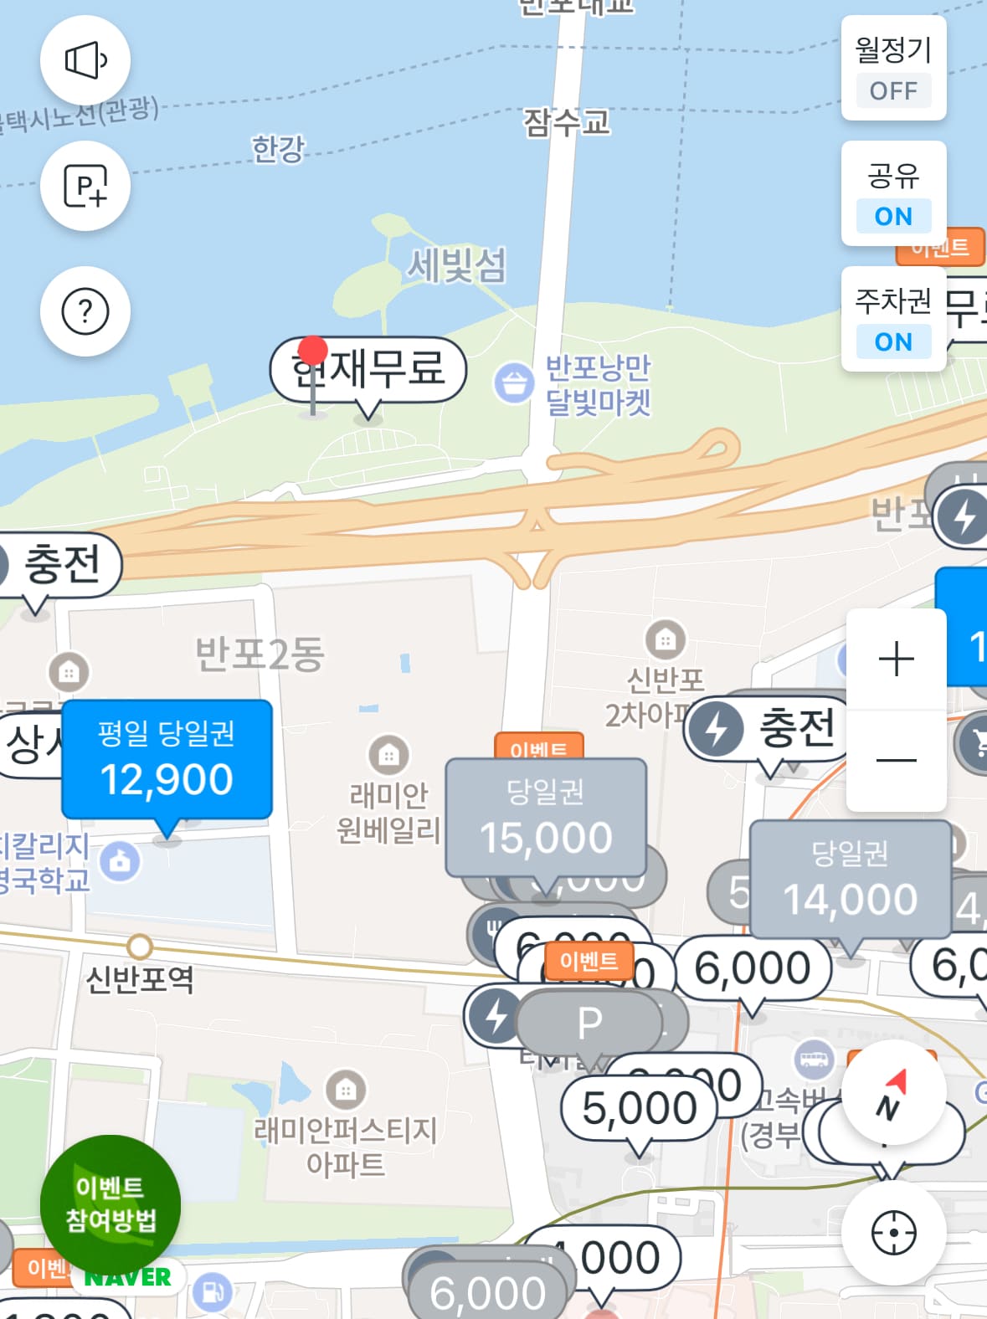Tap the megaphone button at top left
pyautogui.click(x=85, y=60)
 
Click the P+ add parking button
pyautogui.click(x=85, y=186)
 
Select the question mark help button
pyautogui.click(x=85, y=311)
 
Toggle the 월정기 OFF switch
pyautogui.click(x=893, y=69)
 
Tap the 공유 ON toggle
pyautogui.click(x=893, y=194)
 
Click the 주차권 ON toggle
pyautogui.click(x=893, y=320)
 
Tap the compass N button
pyautogui.click(x=893, y=1094)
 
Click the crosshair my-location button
pyautogui.click(x=893, y=1233)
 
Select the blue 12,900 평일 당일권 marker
pyautogui.click(x=167, y=760)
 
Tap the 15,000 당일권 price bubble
pyautogui.click(x=546, y=818)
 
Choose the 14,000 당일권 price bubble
pyautogui.click(x=850, y=879)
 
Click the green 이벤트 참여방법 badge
pyautogui.click(x=111, y=1204)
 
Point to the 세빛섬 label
pyautogui.click(x=457, y=266)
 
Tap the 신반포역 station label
pyautogui.click(x=140, y=978)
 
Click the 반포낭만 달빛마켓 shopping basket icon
pyautogui.click(x=513, y=383)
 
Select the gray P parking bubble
pyautogui.click(x=589, y=1022)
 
